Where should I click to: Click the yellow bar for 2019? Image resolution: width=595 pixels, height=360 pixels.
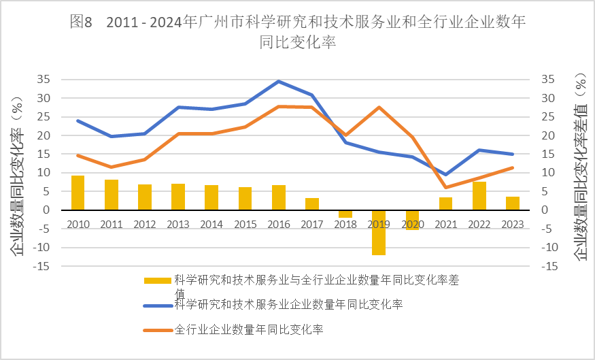tap(379, 233)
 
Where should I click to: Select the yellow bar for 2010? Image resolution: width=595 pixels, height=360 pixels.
tap(78, 193)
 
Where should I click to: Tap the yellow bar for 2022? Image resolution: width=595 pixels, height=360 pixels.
tap(479, 196)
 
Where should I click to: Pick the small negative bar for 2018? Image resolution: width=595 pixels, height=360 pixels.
tap(345, 214)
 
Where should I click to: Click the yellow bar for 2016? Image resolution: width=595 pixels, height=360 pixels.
tap(279, 197)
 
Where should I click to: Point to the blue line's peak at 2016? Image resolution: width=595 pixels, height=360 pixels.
tap(279, 81)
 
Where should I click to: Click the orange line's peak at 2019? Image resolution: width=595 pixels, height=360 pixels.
tap(379, 108)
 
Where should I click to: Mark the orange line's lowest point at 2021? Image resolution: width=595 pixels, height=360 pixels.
tap(446, 187)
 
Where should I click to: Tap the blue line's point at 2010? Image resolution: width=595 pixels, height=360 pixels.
tap(78, 120)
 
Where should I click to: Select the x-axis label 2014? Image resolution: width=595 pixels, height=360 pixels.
tap(211, 225)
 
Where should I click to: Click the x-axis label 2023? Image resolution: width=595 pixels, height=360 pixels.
tap(513, 225)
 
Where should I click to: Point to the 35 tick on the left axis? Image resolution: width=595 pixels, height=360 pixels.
tap(44, 80)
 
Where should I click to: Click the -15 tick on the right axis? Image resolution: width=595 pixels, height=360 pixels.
tap(549, 266)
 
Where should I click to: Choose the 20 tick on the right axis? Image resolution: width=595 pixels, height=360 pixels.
tap(547, 135)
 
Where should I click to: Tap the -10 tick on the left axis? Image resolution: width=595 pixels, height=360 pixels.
tap(41, 248)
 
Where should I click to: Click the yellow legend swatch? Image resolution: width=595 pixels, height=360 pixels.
tap(158, 280)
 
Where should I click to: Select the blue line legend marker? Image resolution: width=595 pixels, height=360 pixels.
tap(158, 306)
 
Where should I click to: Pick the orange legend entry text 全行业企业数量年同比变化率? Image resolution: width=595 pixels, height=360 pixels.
tap(249, 329)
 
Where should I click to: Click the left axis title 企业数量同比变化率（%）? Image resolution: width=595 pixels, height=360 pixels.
tap(17, 176)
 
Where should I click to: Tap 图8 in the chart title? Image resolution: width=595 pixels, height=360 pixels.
tap(81, 22)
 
